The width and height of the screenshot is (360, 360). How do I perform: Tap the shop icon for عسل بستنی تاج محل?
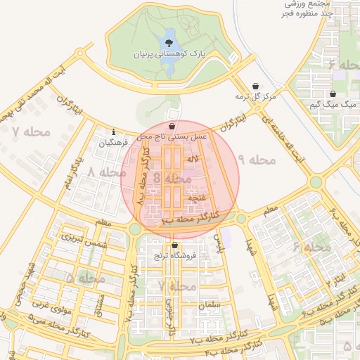pos(172,126)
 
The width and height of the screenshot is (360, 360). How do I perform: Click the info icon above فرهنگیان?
pos(114,131)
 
